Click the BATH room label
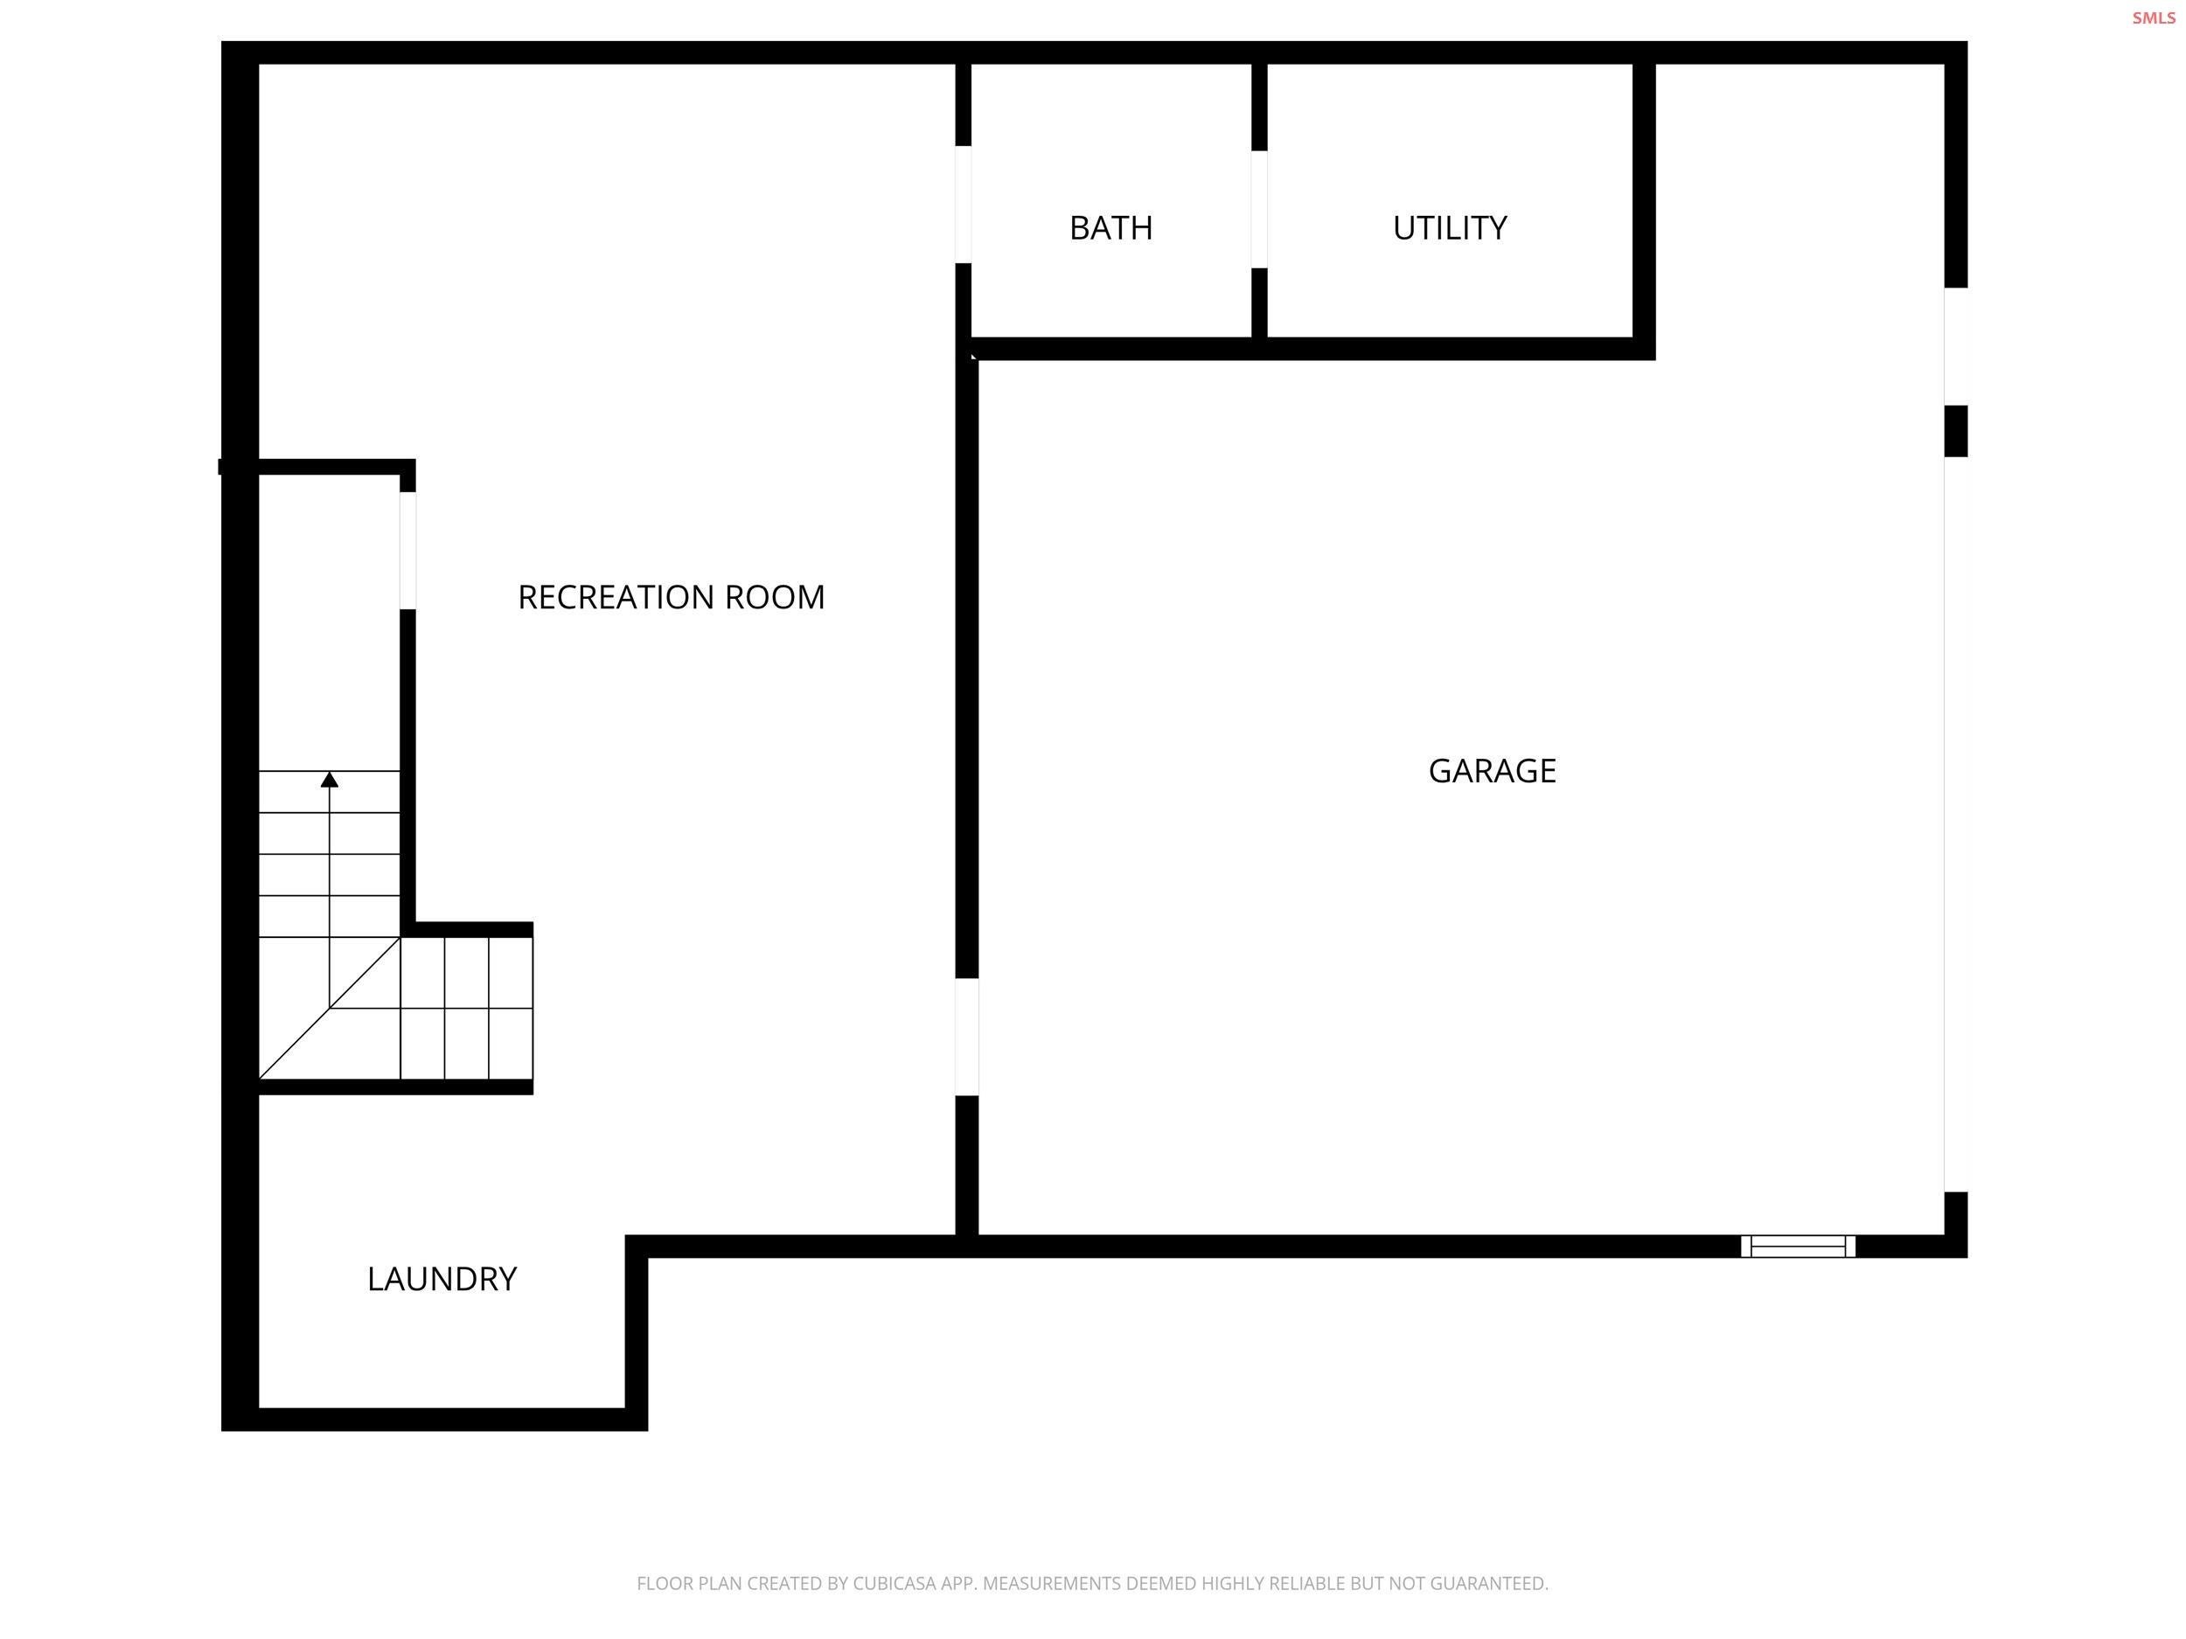pyautogui.click(x=1110, y=228)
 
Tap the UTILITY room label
pyautogui.click(x=1450, y=228)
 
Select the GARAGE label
pyautogui.click(x=1493, y=771)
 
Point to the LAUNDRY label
pyautogui.click(x=442, y=1280)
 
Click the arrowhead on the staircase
pyautogui.click(x=330, y=780)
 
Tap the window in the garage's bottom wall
pyautogui.click(x=1798, y=1247)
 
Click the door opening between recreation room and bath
pyautogui.click(x=963, y=205)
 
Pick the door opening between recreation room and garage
pyautogui.click(x=966, y=1038)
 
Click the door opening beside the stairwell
pyautogui.click(x=407, y=551)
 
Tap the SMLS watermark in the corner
pyautogui.click(x=2154, y=17)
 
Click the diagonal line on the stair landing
pyautogui.click(x=330, y=1009)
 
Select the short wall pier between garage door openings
pyautogui.click(x=1956, y=432)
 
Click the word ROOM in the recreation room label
pyautogui.click(x=775, y=597)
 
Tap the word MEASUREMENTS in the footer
pyautogui.click(x=1050, y=1584)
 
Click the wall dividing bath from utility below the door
pyautogui.click(x=1259, y=302)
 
